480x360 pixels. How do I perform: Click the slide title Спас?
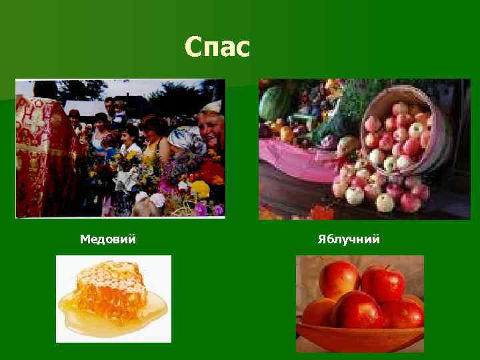click(x=217, y=47)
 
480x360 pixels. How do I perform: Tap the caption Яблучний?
click(x=349, y=239)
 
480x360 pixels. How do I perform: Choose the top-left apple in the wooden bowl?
click(x=339, y=278)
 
